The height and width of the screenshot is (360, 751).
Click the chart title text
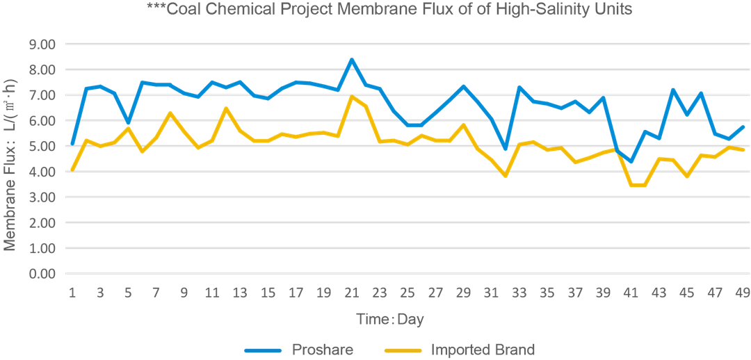(x=389, y=10)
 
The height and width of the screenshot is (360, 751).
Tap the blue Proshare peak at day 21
(x=352, y=60)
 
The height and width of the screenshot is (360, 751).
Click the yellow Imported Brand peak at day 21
(x=352, y=97)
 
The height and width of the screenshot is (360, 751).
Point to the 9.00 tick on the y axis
(x=42, y=44)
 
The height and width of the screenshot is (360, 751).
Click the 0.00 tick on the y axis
(x=42, y=274)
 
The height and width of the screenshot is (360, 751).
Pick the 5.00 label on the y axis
(x=42, y=147)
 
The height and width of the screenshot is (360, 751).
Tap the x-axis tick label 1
(x=72, y=293)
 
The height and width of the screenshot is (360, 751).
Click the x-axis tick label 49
(x=743, y=293)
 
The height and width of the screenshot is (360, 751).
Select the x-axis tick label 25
(x=407, y=293)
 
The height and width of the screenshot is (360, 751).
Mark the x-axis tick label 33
(x=519, y=293)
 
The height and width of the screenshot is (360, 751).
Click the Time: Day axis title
(x=390, y=320)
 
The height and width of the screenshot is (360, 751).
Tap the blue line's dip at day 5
(x=128, y=122)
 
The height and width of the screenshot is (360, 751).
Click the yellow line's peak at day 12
(x=226, y=108)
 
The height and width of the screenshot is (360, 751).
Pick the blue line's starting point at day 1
(x=72, y=145)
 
